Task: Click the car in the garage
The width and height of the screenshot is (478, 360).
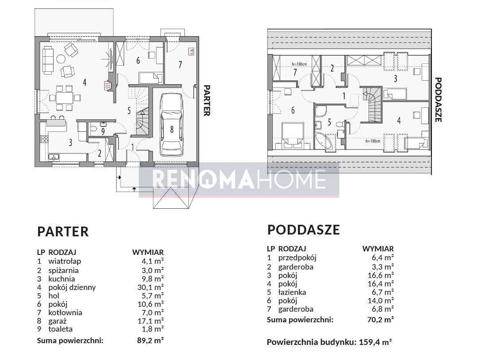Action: pyautogui.click(x=172, y=125)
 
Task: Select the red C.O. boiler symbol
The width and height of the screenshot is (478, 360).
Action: pyautogui.click(x=192, y=52)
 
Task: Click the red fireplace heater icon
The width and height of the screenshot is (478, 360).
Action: pyautogui.click(x=108, y=86)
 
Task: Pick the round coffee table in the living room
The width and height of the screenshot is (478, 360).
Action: pyautogui.click(x=61, y=59)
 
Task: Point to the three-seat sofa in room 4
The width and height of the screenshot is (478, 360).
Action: pyautogui.click(x=47, y=60)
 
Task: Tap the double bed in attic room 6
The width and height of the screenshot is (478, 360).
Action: pyautogui.click(x=293, y=135)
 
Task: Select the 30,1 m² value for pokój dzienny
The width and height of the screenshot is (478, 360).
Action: pyautogui.click(x=151, y=287)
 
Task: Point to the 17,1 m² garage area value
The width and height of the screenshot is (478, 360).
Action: pyautogui.click(x=151, y=321)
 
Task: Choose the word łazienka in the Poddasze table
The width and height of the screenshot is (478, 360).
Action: pyautogui.click(x=292, y=292)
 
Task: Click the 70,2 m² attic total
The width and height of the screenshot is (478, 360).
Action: pyautogui.click(x=380, y=320)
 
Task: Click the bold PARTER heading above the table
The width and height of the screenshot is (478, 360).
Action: pyautogui.click(x=63, y=232)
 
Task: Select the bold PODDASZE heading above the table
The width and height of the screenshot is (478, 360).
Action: pyautogui.click(x=303, y=230)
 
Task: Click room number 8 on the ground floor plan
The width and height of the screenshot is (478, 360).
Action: pyautogui.click(x=172, y=129)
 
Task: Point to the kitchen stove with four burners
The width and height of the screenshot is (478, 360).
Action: pyautogui.click(x=44, y=139)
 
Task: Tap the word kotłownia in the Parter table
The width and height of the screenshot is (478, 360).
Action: pyautogui.click(x=65, y=313)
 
